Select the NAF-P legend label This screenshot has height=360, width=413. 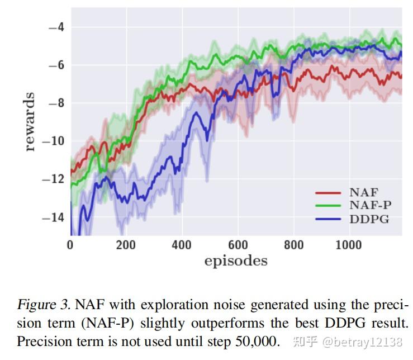coord(370,206)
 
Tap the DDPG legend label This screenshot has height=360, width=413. coord(369,219)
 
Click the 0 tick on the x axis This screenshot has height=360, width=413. coord(70,245)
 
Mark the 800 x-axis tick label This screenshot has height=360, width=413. coord(293,245)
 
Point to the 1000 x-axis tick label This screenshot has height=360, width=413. coord(349,245)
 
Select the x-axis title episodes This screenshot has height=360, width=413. coord(235,261)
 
